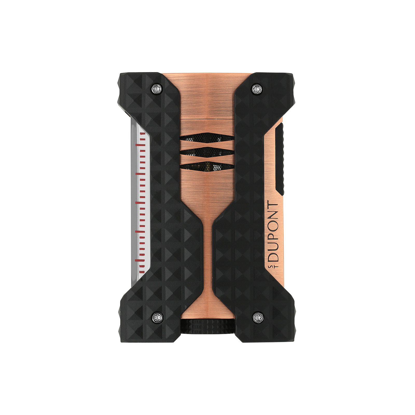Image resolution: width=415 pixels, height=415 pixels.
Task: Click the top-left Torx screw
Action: point(157,89)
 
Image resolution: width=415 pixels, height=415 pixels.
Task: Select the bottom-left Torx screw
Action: point(157,317)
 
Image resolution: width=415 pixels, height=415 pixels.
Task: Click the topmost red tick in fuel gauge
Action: point(142,134)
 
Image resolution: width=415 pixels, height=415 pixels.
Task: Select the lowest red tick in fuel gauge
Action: point(142,272)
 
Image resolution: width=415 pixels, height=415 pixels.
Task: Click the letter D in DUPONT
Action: point(273,257)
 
